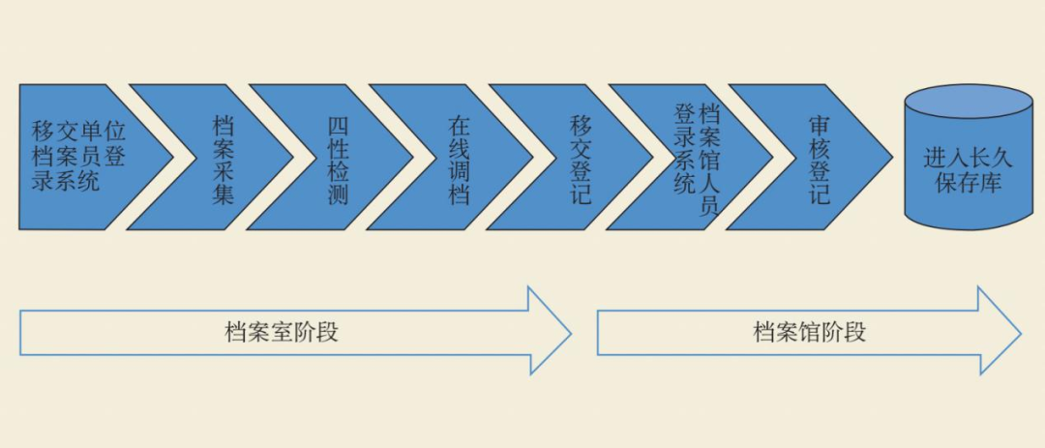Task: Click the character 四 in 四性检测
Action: (338, 127)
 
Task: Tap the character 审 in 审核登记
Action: (819, 127)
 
